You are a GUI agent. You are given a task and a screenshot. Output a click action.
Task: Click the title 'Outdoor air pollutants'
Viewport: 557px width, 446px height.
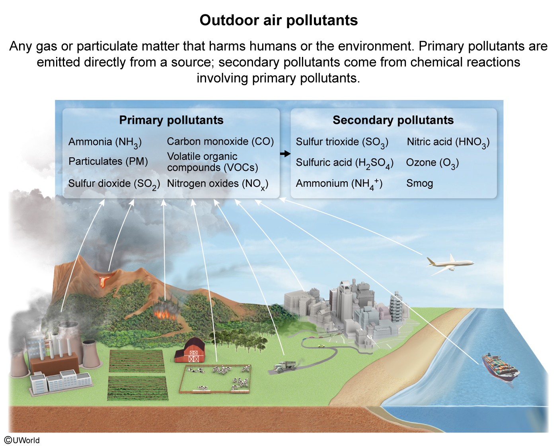pyautogui.click(x=278, y=20)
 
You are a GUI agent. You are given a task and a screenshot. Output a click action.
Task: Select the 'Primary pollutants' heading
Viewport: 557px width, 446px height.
pyautogui.click(x=171, y=120)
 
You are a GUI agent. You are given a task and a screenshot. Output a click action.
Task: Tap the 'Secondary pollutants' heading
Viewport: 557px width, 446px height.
pyautogui.click(x=393, y=120)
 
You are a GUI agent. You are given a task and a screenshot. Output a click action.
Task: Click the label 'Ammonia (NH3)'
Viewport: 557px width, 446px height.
pyautogui.click(x=105, y=142)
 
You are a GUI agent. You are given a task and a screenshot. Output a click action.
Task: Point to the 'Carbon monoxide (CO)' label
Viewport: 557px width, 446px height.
pyautogui.click(x=220, y=141)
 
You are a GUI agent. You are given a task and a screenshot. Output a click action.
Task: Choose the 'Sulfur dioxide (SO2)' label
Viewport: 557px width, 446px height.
pyautogui.click(x=114, y=184)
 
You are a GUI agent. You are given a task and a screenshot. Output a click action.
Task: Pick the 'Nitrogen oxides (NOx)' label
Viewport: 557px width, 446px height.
pyautogui.click(x=218, y=184)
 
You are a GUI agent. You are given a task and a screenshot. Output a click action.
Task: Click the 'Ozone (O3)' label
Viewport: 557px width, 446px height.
pyautogui.click(x=432, y=163)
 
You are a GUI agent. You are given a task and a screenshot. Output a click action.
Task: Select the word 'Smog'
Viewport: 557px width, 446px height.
pyautogui.click(x=419, y=183)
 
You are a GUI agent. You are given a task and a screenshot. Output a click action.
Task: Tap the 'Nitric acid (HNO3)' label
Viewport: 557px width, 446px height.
pyautogui.click(x=448, y=142)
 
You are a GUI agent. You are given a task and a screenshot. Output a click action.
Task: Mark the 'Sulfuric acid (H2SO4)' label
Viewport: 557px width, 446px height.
pyautogui.click(x=345, y=163)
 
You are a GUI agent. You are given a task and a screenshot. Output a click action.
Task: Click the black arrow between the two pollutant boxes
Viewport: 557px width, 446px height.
pyautogui.click(x=285, y=154)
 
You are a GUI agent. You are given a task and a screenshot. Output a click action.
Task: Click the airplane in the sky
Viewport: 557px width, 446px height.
pyautogui.click(x=450, y=263)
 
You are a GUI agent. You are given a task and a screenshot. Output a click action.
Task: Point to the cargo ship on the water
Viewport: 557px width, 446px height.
pyautogui.click(x=500, y=367)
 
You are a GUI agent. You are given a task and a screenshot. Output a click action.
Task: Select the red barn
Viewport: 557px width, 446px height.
pyautogui.click(x=190, y=351)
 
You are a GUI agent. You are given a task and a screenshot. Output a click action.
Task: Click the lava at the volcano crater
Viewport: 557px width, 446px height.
pyautogui.click(x=105, y=279)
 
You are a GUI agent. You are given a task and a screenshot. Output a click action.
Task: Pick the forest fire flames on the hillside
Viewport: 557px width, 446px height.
pyautogui.click(x=166, y=311)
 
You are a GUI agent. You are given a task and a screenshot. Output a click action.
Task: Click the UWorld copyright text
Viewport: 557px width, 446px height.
pyautogui.click(x=22, y=440)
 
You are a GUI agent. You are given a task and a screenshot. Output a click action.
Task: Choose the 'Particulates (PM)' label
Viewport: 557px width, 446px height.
pyautogui.click(x=108, y=161)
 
